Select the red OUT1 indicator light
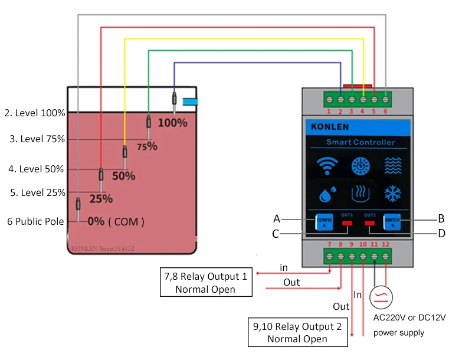pyautogui.click(x=347, y=223)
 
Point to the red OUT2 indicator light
pyautogui.click(x=370, y=223)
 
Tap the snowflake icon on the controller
pyautogui.click(x=392, y=193)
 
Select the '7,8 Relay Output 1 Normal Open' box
pyautogui.click(x=206, y=283)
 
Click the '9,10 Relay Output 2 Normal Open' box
pyautogui.click(x=297, y=333)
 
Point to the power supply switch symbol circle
pyautogui.click(x=381, y=296)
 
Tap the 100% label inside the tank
pyautogui.click(x=173, y=123)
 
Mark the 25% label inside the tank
pyautogui.click(x=101, y=199)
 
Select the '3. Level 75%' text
pyautogui.click(x=37, y=139)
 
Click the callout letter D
pyautogui.click(x=441, y=234)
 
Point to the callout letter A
pyautogui.click(x=276, y=218)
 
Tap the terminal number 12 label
pyautogui.click(x=386, y=244)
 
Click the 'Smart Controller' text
pyautogui.click(x=360, y=142)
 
